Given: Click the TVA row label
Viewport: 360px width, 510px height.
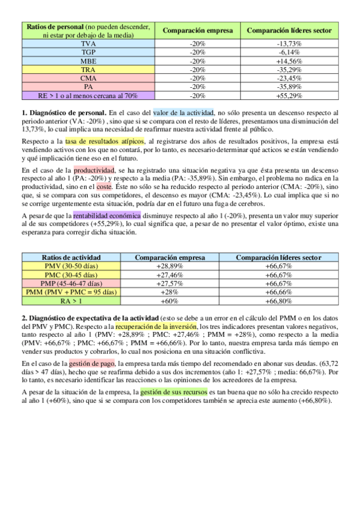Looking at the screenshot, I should pos(87,44).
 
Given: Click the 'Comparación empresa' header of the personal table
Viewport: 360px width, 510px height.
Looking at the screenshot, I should pos(197,30).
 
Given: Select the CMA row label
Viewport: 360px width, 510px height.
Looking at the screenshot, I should pos(87,78).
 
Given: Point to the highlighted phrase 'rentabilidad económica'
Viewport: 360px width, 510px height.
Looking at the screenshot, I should pos(107,215).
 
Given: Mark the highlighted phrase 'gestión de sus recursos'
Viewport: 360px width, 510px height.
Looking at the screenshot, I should pos(174,392).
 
